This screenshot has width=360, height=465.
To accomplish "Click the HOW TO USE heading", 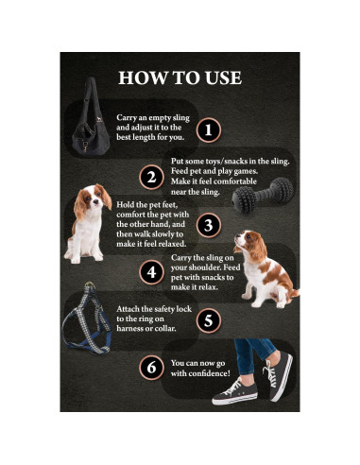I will point(180,77).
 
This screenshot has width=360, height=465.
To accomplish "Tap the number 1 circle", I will point(209,129).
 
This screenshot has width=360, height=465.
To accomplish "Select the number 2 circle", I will point(150,177).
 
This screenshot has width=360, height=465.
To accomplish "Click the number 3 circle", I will point(209,225).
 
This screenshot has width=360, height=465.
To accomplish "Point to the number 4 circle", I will point(150,272).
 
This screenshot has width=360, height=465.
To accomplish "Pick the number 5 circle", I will point(209,320).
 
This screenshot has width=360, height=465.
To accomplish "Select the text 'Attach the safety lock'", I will point(155,309).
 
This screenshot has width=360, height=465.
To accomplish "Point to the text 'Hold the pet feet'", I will point(147,202).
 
